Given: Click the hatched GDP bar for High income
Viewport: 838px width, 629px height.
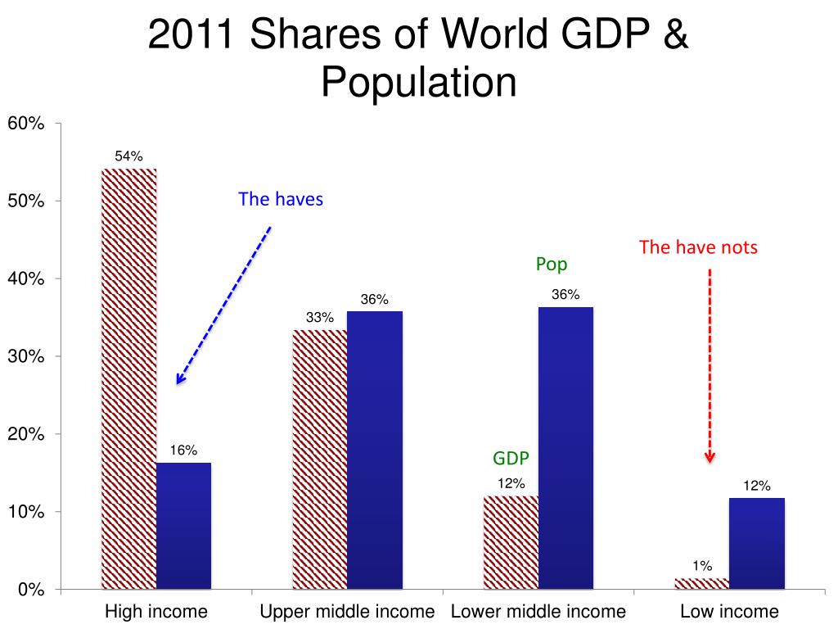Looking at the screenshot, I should pyautogui.click(x=128, y=377).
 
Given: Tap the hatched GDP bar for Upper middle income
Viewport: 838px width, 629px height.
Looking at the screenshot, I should pyautogui.click(x=320, y=459).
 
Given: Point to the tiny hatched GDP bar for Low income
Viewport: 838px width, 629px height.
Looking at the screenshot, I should pyautogui.click(x=701, y=584).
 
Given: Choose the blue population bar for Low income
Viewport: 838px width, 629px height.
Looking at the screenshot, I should pyautogui.click(x=756, y=544).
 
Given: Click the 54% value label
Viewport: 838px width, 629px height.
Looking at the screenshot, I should pyautogui.click(x=128, y=156).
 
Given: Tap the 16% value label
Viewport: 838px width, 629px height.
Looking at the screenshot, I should pyautogui.click(x=183, y=450).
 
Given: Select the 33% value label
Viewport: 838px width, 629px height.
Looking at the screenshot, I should pyautogui.click(x=320, y=317).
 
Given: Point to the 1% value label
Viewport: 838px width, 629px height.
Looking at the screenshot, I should pyautogui.click(x=701, y=565).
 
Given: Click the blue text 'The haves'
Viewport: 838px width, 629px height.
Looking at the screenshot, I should pyautogui.click(x=281, y=199).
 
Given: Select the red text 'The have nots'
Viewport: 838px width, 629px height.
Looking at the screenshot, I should pyautogui.click(x=698, y=247).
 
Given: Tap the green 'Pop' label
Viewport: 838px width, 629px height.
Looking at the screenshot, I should pyautogui.click(x=552, y=265).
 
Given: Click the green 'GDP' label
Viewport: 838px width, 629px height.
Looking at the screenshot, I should pyautogui.click(x=511, y=459).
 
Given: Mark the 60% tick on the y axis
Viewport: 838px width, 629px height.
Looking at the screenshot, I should pyautogui.click(x=26, y=124).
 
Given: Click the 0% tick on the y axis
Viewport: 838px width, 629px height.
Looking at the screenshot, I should pyautogui.click(x=31, y=590).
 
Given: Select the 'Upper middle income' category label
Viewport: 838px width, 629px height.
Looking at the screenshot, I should pyautogui.click(x=347, y=612).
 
